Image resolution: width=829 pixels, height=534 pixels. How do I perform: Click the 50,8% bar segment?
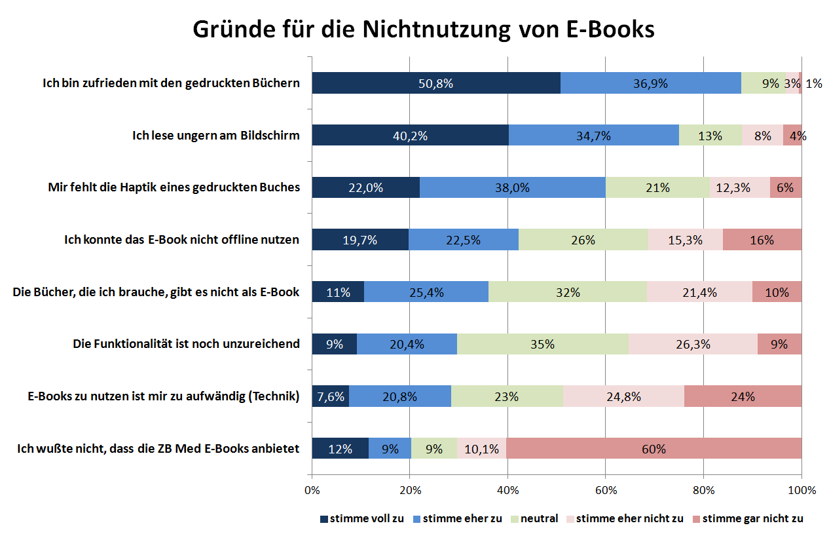[x=435, y=83]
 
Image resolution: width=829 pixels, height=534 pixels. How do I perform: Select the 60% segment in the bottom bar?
[x=654, y=449]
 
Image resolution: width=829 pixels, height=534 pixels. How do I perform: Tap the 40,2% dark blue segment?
[x=410, y=136]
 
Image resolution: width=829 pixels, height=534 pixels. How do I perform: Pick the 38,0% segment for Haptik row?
[x=512, y=187]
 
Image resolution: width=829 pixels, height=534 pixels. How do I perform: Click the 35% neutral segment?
[x=543, y=344]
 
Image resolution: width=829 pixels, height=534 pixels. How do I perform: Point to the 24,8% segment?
[x=623, y=396]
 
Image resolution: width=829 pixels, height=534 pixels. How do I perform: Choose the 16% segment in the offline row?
[x=762, y=240]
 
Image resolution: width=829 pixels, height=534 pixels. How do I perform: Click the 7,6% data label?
[x=331, y=396]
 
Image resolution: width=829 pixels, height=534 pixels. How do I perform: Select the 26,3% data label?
[x=693, y=344]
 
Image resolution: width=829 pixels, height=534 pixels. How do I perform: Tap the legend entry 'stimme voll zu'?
[x=361, y=518]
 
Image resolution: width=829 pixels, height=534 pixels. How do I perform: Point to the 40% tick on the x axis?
[x=507, y=490]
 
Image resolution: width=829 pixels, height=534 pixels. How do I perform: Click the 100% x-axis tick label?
[x=801, y=490]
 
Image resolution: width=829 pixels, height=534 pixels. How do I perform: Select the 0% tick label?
[x=312, y=490]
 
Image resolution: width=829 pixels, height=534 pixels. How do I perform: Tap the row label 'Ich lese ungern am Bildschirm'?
[x=215, y=136]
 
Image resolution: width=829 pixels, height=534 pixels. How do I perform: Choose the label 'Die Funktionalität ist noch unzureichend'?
[x=186, y=344]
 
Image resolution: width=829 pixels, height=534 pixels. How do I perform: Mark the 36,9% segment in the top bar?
[x=650, y=83]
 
